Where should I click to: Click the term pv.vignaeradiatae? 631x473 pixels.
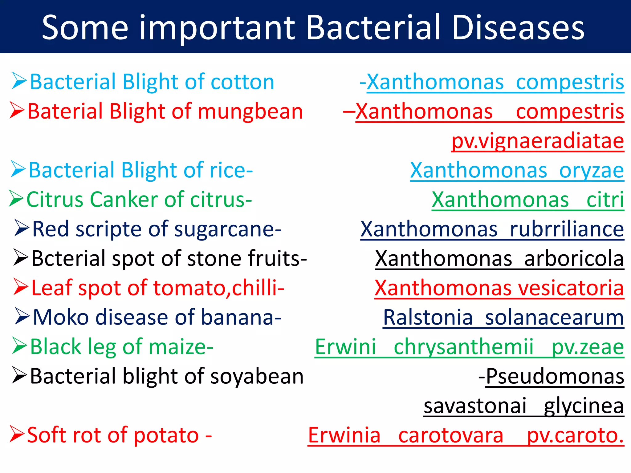pos(538,141)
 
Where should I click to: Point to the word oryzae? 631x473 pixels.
pos(591,170)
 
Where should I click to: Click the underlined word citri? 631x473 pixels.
pos(605,200)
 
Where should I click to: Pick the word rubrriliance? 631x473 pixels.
pos(567,229)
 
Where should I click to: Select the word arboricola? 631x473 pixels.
pos(574,259)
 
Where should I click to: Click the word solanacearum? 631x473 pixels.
pos(554,317)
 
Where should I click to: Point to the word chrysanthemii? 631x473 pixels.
pos(463,347)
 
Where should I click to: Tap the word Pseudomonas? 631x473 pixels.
pos(555,376)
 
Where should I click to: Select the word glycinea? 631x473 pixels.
pos(584,406)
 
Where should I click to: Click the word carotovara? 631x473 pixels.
pos(451,435)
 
